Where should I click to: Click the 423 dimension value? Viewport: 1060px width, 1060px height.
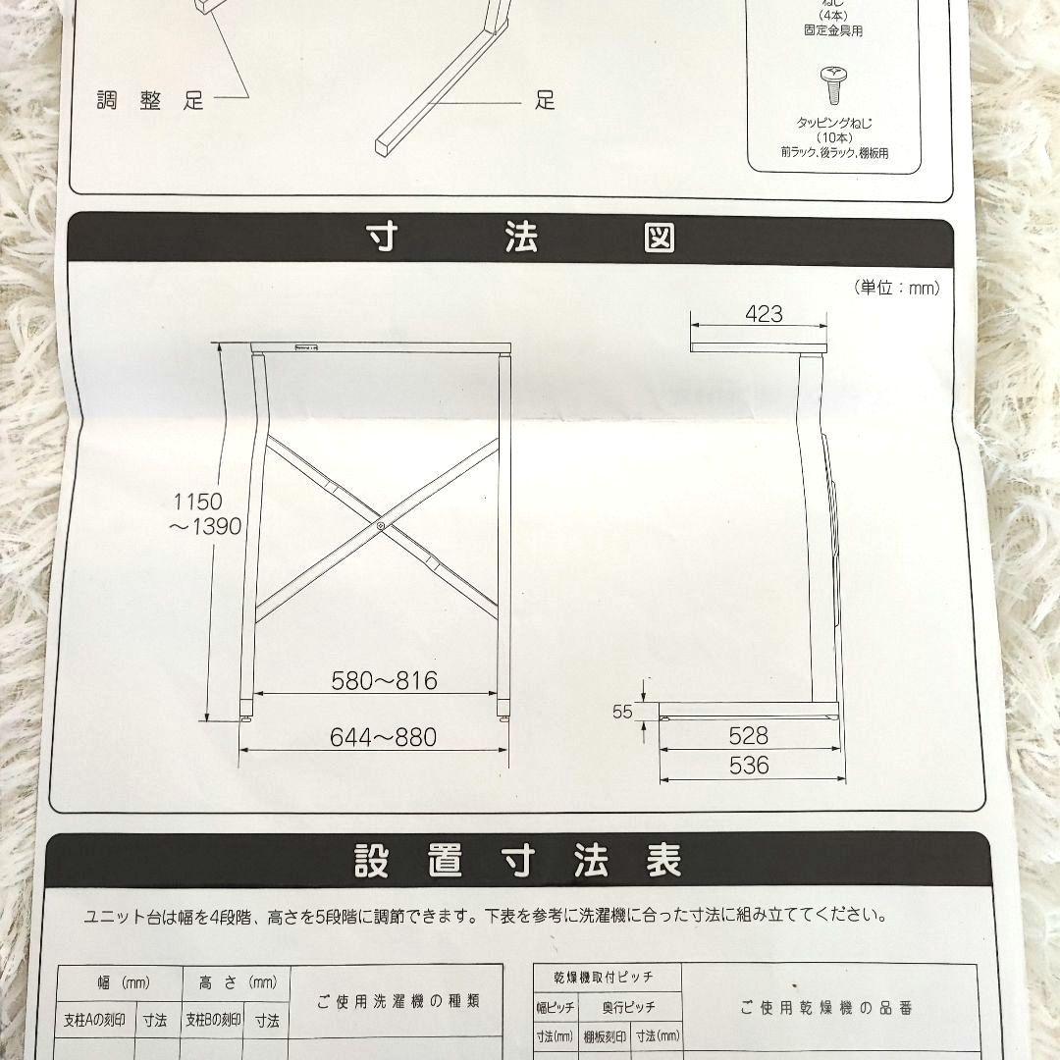(764, 314)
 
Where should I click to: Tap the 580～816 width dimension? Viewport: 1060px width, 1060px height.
(384, 680)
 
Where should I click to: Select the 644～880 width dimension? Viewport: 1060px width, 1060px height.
(384, 736)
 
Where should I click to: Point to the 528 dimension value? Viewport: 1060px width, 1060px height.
(749, 736)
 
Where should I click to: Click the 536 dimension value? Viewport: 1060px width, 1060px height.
(749, 766)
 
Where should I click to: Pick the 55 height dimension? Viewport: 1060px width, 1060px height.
(623, 713)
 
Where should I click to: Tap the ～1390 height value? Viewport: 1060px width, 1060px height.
(203, 526)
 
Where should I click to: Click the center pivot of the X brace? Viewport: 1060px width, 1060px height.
(380, 527)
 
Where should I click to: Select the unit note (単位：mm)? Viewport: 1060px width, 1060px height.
(897, 288)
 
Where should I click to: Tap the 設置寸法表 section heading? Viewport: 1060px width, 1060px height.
(517, 861)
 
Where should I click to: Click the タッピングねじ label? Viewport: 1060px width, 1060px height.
(834, 124)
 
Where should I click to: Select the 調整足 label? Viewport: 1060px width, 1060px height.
(150, 100)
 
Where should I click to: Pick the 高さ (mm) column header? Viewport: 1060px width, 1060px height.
(237, 981)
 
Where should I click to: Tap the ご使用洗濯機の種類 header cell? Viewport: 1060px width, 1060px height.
(397, 1001)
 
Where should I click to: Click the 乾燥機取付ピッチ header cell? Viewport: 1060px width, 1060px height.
(608, 977)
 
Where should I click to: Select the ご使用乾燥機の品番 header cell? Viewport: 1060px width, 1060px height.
(828, 1007)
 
